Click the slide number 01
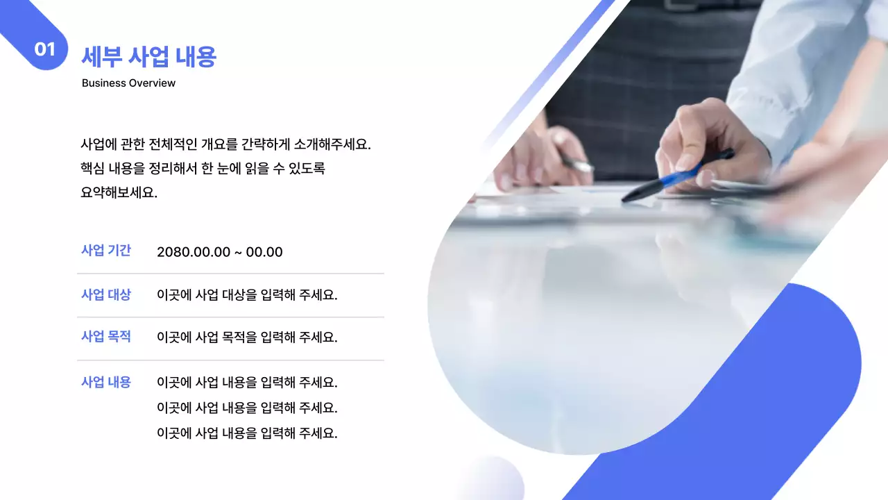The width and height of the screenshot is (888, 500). (44, 49)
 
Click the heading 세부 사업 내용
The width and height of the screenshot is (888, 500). (148, 56)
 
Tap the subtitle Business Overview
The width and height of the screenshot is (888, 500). (128, 83)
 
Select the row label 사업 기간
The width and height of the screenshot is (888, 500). (105, 251)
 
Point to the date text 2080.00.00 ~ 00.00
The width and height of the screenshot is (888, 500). (219, 252)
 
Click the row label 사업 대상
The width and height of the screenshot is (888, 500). (105, 294)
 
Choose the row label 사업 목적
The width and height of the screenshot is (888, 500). (105, 337)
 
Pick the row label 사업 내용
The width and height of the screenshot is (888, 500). (105, 382)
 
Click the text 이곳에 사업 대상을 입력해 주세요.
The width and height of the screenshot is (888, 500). (247, 295)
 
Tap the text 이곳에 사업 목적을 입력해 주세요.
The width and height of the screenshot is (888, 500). (247, 337)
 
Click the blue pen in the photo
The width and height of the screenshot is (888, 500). (676, 176)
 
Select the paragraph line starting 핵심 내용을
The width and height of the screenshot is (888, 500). (203, 168)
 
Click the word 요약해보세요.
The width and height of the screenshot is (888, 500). (119, 193)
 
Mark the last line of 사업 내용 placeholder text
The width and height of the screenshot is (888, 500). (247, 433)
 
